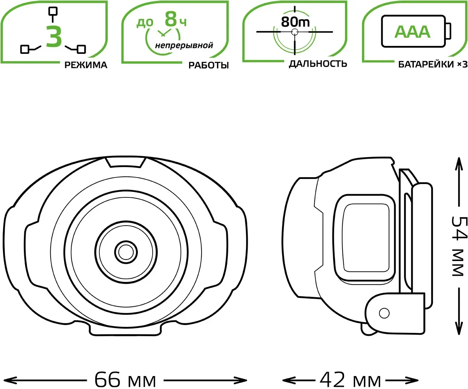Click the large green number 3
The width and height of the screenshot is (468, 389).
click(x=54, y=36)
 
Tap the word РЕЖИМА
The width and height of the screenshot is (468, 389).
click(x=86, y=65)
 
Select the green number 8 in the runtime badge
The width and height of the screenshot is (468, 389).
click(x=171, y=19)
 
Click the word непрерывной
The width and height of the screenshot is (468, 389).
click(x=184, y=45)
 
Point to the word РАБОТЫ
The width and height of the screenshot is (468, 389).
click(x=208, y=65)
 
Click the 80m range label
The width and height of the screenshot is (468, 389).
click(x=295, y=22)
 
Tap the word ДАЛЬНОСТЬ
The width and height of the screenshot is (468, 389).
click(x=318, y=64)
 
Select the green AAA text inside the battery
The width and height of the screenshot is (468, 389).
click(x=412, y=32)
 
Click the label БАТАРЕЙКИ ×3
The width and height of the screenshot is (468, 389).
click(x=433, y=65)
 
